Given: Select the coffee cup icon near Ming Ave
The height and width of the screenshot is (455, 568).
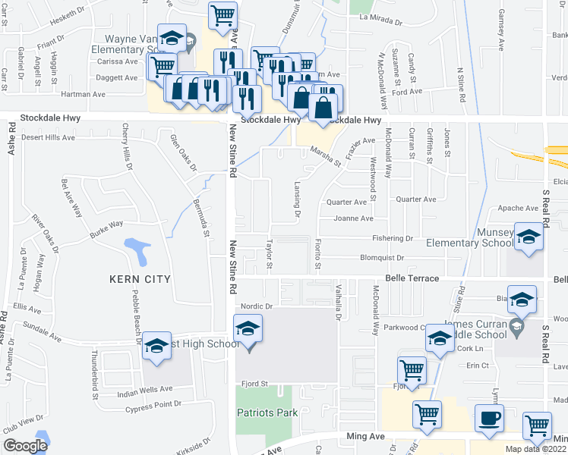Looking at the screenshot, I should click(x=489, y=418).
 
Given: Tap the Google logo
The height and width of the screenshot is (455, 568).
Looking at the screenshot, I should click(x=24, y=445).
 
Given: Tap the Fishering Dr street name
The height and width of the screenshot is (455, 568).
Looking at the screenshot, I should click(x=392, y=238).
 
